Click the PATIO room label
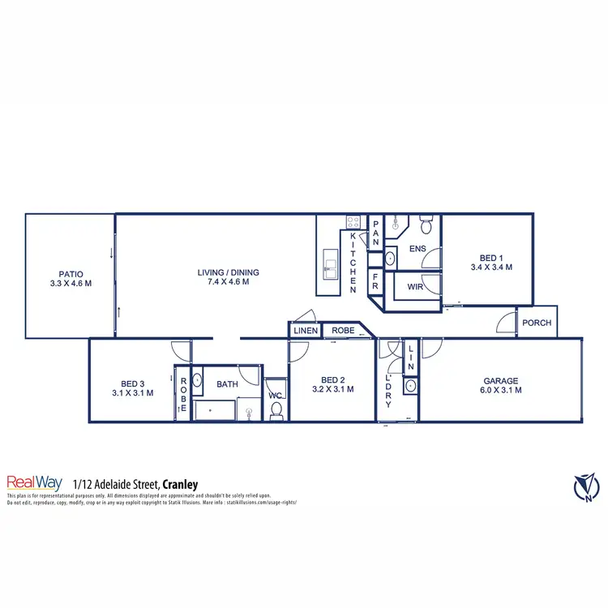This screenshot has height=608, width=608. pos(71,274)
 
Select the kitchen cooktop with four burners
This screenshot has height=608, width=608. pos(353,221)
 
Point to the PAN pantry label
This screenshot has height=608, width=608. pos(376,233)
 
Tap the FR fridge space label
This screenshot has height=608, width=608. pos(375,280)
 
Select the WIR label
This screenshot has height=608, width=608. pos(416,287)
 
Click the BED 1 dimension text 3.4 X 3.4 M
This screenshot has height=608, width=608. pos(490,267)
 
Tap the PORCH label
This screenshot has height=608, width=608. pos(536,323)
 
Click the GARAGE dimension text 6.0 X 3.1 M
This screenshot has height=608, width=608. pos(500,390)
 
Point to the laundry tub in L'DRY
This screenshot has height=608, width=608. pos(410,386)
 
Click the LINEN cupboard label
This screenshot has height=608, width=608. pos(305,331)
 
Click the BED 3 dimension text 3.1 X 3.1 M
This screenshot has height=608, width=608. pos(132,392)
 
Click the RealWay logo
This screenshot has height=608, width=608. pos(34,482)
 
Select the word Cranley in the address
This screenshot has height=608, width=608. pos(180,484)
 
